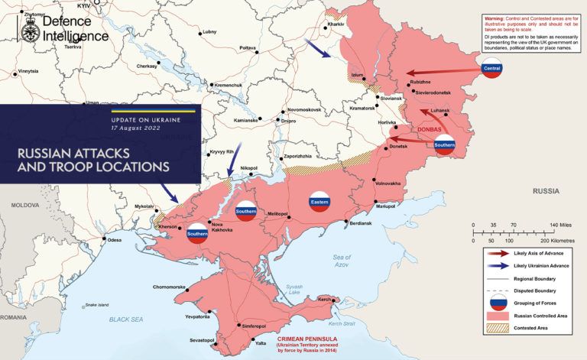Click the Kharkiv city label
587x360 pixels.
point(337,24)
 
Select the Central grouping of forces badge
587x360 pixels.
point(492,69)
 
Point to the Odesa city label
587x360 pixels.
point(115,240)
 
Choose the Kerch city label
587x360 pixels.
point(324,298)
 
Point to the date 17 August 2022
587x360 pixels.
point(135,129)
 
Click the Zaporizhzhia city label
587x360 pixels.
point(297,156)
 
